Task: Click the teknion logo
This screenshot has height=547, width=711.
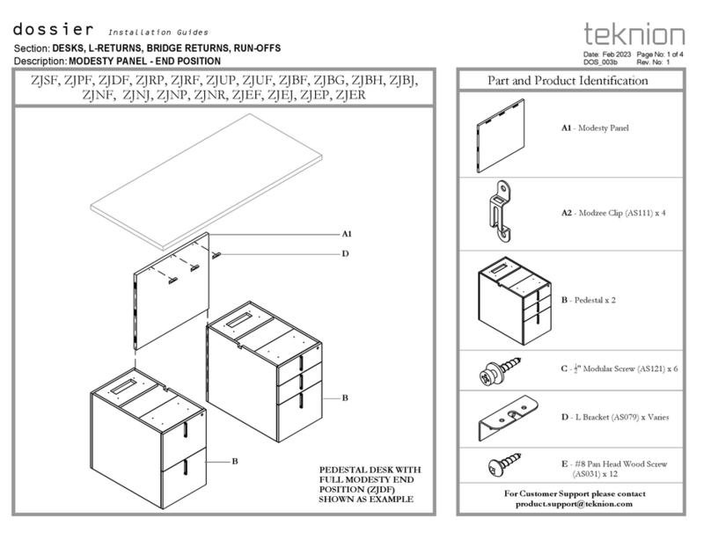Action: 633,34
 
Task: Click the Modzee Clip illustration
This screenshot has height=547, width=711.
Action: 503,211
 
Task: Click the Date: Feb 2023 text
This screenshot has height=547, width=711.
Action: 607,55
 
